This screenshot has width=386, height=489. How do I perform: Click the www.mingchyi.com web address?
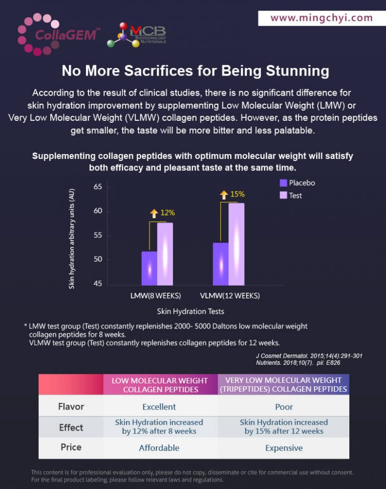[x=322, y=18]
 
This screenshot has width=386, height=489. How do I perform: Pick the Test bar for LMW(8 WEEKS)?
[x=165, y=254]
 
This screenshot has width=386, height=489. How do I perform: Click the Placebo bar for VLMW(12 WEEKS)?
[x=221, y=264]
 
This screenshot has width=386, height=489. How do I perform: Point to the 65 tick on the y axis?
[x=98, y=187]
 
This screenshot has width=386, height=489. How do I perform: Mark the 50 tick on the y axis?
[x=98, y=260]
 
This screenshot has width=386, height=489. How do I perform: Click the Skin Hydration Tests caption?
[x=190, y=311]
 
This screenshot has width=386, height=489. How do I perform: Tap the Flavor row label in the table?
[x=71, y=406]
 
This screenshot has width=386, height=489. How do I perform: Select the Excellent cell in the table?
[x=159, y=406]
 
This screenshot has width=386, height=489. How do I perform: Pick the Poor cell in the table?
[x=284, y=406]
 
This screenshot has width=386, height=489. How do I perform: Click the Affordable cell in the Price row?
[x=159, y=448]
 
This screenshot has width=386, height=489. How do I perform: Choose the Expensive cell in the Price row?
[x=284, y=448]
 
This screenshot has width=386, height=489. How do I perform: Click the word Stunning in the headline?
[x=293, y=70]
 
